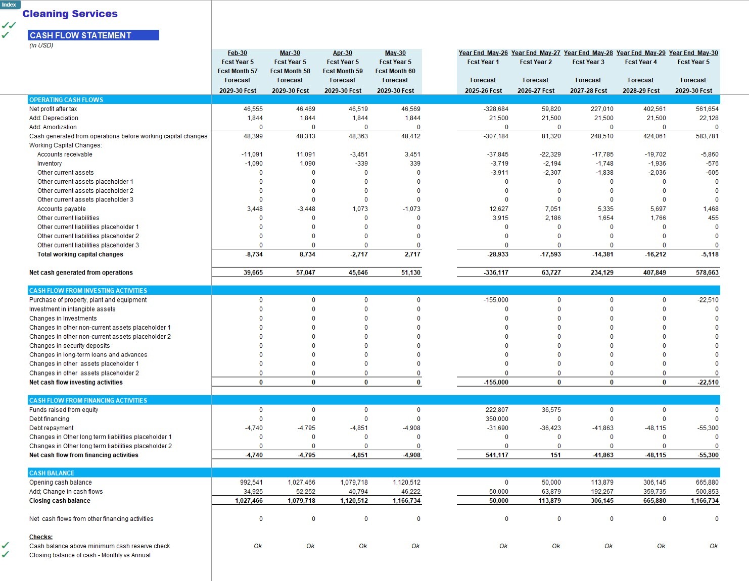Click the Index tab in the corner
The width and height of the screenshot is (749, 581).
tap(10, 5)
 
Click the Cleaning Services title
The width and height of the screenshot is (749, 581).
tap(70, 14)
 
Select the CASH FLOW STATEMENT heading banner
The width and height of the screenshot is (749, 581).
tap(93, 35)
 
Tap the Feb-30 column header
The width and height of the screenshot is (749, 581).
tap(238, 52)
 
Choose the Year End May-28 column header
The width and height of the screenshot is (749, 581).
tap(588, 52)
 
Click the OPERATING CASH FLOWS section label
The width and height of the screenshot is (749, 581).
tap(66, 100)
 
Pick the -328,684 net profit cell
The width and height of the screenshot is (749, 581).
tap(496, 109)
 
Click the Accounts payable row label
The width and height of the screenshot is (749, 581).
tap(61, 209)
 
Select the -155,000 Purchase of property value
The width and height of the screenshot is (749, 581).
tap(496, 300)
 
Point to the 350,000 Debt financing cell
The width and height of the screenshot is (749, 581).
tap(497, 419)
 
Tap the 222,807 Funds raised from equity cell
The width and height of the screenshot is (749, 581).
tap(497, 409)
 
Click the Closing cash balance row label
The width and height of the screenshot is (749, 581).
tap(60, 500)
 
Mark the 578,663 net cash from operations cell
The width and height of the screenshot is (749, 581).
tap(707, 273)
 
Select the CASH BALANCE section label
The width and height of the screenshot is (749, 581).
tap(52, 473)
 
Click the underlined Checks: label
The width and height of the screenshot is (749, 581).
tap(41, 537)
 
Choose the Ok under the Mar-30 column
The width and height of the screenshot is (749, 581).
tap(310, 546)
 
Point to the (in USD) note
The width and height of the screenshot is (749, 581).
tap(41, 45)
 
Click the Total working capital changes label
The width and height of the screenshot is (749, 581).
tap(80, 254)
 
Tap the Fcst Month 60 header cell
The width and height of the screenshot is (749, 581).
tap(395, 71)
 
